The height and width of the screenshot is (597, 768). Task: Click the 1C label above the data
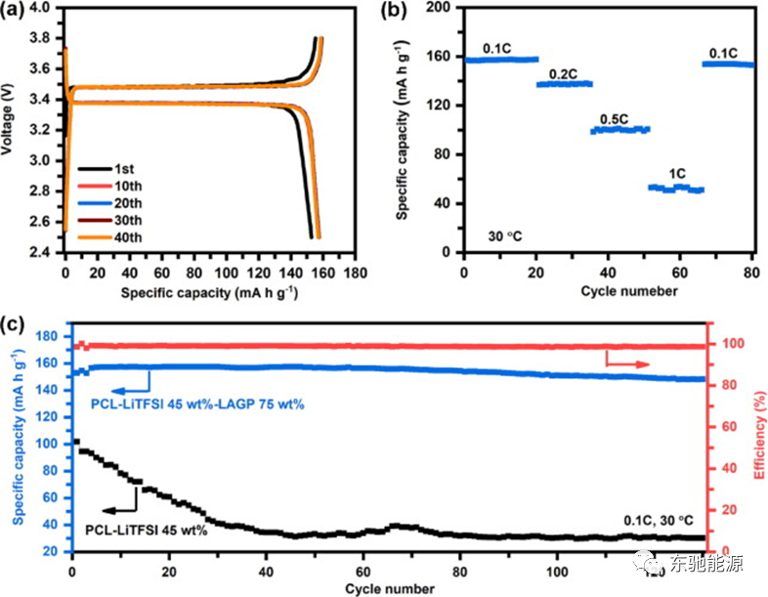677,173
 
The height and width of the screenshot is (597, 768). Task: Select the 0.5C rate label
615,118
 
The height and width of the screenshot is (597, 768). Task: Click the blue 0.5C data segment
620,129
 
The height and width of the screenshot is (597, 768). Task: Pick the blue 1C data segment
676,188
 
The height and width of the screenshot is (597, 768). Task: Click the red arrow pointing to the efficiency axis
627,363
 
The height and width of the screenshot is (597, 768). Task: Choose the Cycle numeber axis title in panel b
608,290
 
